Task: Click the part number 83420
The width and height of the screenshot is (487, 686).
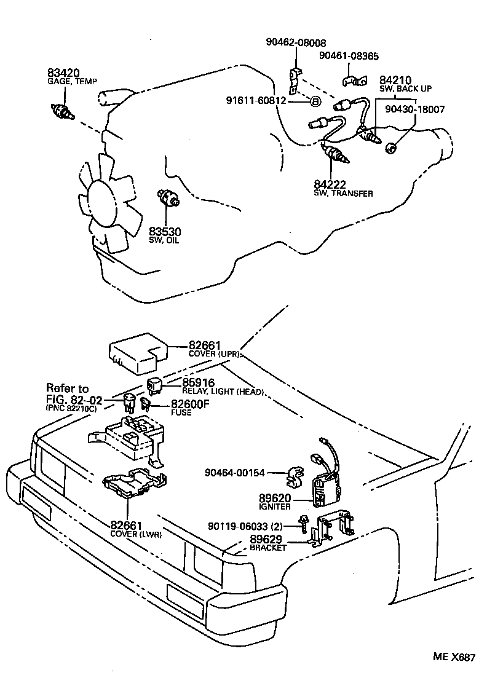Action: pyautogui.click(x=64, y=72)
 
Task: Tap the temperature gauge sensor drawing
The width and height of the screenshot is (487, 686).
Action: pyautogui.click(x=61, y=111)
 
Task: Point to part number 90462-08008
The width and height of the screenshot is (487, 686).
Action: pyautogui.click(x=291, y=42)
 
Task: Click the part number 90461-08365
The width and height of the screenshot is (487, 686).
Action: pyautogui.click(x=350, y=56)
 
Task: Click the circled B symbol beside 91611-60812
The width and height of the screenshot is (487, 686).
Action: pyautogui.click(x=314, y=102)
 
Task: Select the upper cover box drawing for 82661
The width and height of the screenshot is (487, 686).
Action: pyautogui.click(x=139, y=354)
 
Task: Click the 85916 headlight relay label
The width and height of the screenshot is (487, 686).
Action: pyautogui.click(x=212, y=385)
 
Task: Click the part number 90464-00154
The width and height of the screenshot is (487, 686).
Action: pyautogui.click(x=236, y=473)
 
